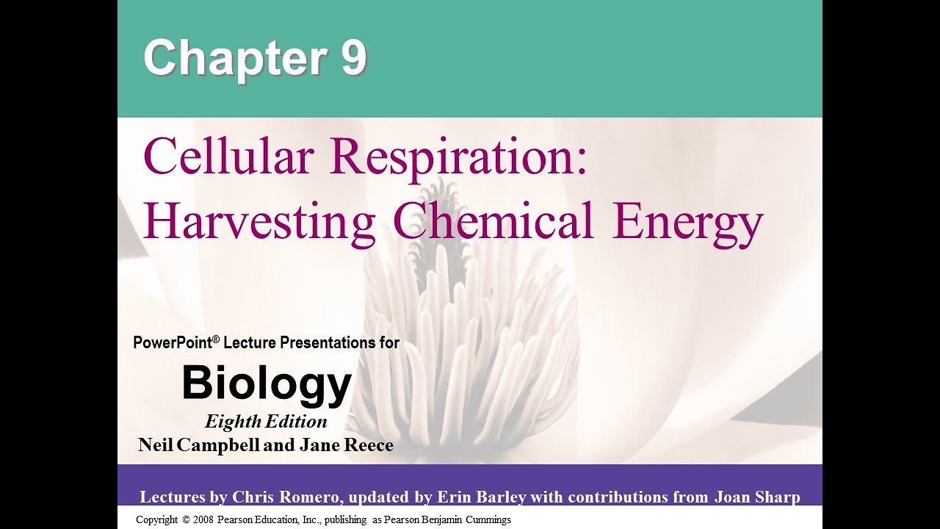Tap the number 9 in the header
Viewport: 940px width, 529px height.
[x=352, y=58]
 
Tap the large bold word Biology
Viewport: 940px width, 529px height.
[x=267, y=384]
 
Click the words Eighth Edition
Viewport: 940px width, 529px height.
[x=266, y=422]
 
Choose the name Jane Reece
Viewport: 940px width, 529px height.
[x=346, y=445]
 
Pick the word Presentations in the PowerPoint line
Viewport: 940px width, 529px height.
[x=328, y=342]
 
